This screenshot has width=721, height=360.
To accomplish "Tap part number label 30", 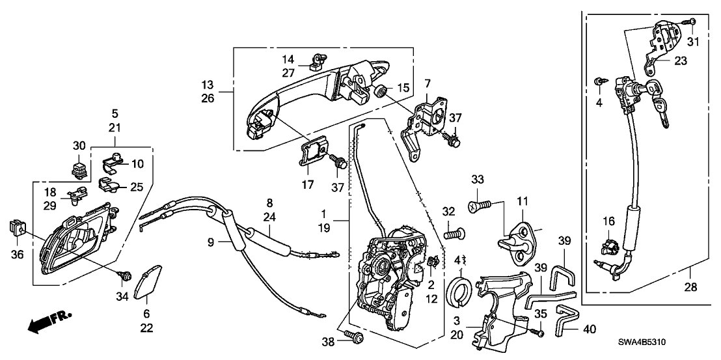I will coord(79,146).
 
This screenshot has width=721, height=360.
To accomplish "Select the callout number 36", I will coord(18,254).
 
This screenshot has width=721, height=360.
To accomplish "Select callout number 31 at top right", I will coord(692,44).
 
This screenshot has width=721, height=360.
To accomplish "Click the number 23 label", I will coord(681,62).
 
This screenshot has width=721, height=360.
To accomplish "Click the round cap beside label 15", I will coord(383,90).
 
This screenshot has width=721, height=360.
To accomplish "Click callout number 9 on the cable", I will coord(211,243).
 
